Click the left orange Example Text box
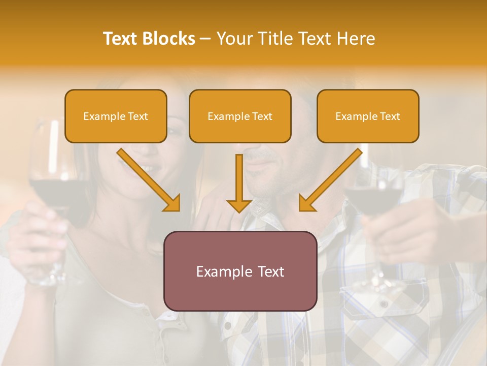[x=116, y=116]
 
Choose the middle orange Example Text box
[x=240, y=116]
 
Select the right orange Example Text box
[x=368, y=116]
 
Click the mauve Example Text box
[x=240, y=271]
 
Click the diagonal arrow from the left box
[x=150, y=180]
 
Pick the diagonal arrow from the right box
[x=330, y=180]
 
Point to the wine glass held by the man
[x=373, y=198]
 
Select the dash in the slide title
[x=205, y=39]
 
